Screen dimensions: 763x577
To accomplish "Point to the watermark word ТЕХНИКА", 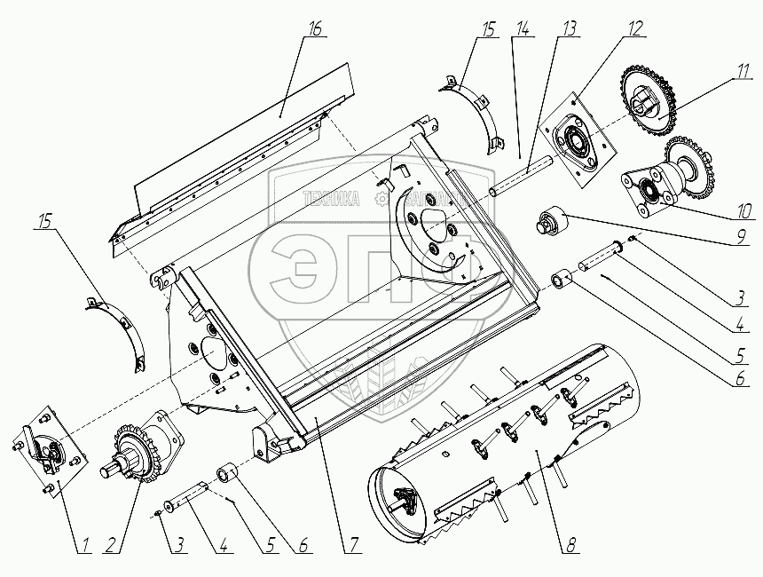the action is (x=331, y=200).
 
